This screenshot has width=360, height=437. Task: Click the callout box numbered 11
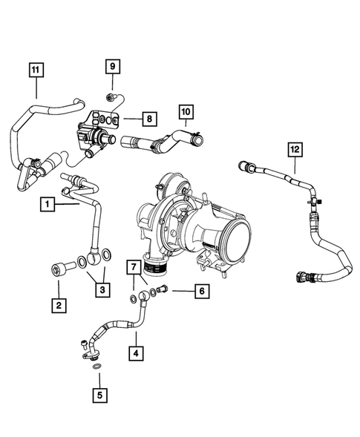(35, 70)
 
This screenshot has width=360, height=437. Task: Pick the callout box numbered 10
(186, 112)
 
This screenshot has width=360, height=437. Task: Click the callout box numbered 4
(136, 353)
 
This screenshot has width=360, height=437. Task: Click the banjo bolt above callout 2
(58, 268)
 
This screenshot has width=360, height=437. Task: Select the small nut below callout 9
(111, 96)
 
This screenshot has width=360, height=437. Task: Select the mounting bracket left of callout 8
(104, 119)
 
